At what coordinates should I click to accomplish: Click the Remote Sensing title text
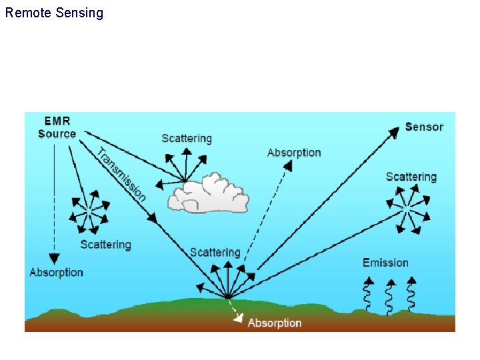tap(54, 13)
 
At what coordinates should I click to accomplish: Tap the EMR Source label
tap(57, 127)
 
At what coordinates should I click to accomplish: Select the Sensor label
tap(424, 127)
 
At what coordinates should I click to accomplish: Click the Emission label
tap(385, 263)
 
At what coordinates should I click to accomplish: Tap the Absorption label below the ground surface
tap(275, 323)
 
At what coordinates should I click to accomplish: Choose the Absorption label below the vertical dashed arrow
tap(56, 272)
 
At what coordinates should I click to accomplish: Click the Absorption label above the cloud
tap(294, 153)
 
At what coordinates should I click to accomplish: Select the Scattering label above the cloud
tap(187, 139)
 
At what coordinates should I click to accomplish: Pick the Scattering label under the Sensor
tap(411, 177)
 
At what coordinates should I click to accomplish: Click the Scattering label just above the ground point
tap(215, 253)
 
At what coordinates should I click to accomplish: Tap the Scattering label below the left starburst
tap(105, 245)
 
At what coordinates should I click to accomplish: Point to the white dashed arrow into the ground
tap(235, 311)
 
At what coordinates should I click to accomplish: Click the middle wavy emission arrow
tap(389, 295)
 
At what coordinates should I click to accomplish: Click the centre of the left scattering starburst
tap(89, 211)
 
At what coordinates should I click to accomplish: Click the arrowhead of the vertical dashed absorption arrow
tap(54, 259)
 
